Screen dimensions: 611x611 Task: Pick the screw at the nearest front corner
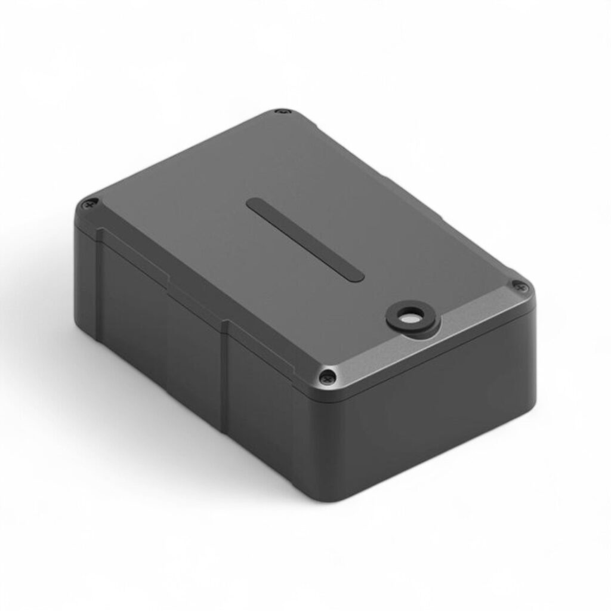327,376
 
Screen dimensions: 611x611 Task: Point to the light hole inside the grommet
409,319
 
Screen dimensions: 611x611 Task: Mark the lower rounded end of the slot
354,273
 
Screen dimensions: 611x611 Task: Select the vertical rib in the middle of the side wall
225,370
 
